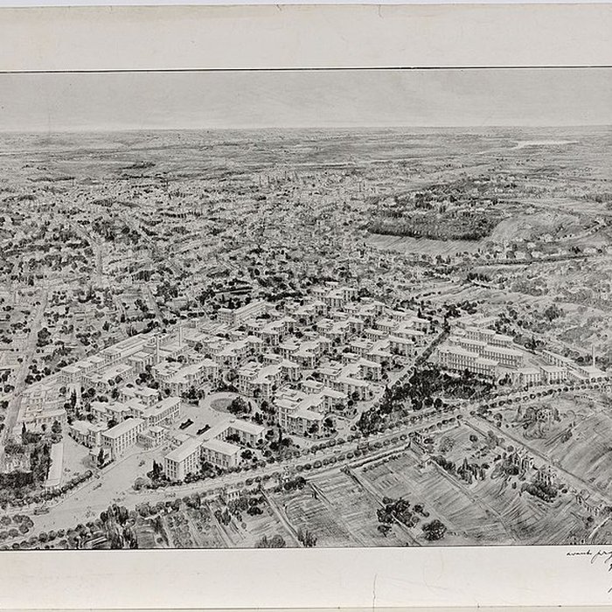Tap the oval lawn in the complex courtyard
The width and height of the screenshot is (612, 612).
point(224,406)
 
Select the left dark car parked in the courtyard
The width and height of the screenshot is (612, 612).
point(185,424)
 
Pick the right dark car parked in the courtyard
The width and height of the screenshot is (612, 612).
point(203,429)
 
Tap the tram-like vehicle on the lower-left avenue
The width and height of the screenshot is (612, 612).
point(40,509)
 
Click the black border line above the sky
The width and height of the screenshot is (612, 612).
point(306,70)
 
